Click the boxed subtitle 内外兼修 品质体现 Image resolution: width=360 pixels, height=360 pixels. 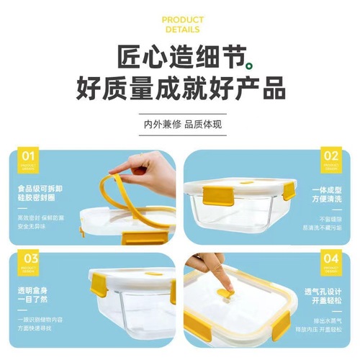[x=180, y=123]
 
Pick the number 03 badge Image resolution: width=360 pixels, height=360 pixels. [x=29, y=261]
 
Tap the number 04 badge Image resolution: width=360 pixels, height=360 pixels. [x=330, y=260]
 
